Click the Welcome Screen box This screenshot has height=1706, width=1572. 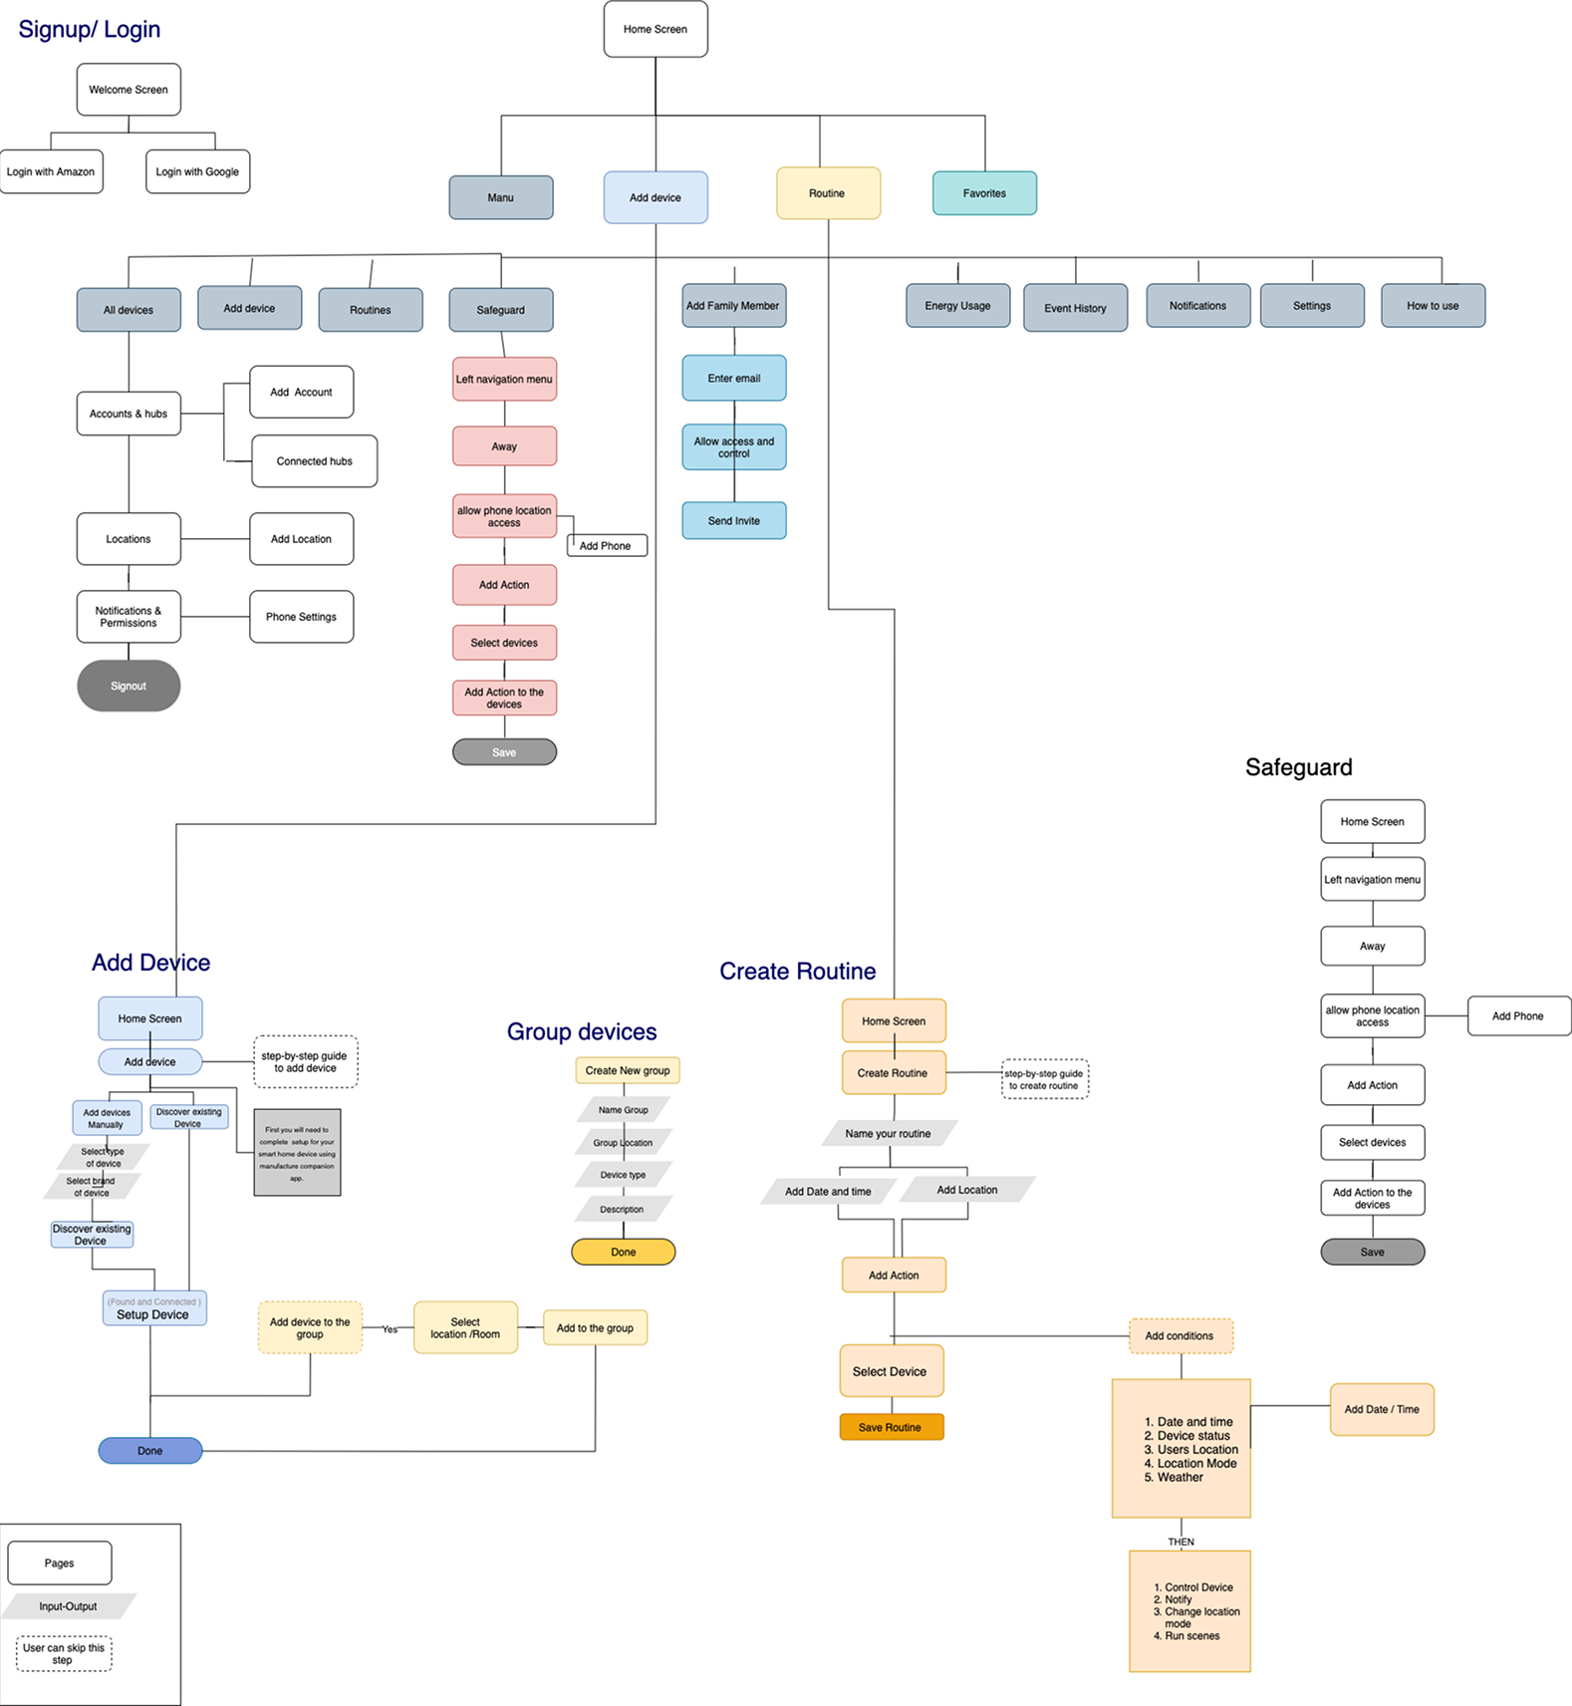(129, 90)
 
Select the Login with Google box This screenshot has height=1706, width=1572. (197, 171)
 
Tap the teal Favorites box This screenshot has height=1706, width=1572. (984, 193)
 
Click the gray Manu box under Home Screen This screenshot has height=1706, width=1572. (501, 197)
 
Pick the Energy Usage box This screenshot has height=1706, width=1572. (957, 306)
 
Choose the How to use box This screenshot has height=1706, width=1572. (1433, 306)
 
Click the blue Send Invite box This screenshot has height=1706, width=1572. (734, 520)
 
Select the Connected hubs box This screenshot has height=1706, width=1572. (314, 461)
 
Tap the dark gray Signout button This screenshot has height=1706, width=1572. (129, 686)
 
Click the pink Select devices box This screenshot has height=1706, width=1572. (504, 643)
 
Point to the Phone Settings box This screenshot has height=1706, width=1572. (301, 617)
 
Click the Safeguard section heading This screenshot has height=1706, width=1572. (1298, 767)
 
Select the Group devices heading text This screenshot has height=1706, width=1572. (582, 1031)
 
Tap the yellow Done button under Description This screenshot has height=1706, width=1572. (624, 1252)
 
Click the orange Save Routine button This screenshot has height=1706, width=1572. (891, 1427)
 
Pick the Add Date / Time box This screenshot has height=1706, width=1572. (1382, 1409)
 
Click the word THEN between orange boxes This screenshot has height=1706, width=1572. (1180, 1542)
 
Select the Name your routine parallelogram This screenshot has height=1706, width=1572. (889, 1133)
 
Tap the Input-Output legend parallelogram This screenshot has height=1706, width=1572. (69, 1606)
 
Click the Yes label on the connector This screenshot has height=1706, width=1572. (390, 1329)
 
